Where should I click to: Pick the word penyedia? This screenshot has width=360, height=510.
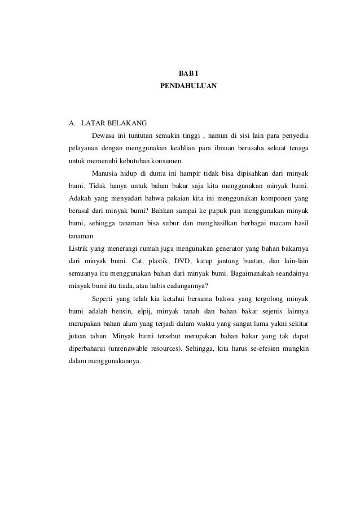pos(293,136)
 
